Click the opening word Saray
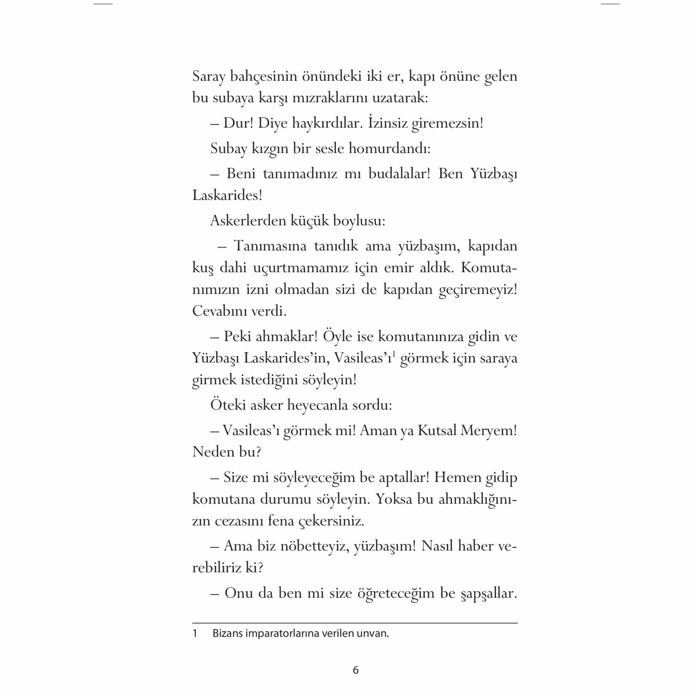pyautogui.click(x=209, y=77)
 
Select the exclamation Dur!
pyautogui.click(x=239, y=123)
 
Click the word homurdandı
pyautogui.click(x=389, y=149)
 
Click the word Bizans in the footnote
pyautogui.click(x=226, y=633)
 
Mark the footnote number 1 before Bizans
pyautogui.click(x=195, y=633)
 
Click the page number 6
pyautogui.click(x=355, y=670)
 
